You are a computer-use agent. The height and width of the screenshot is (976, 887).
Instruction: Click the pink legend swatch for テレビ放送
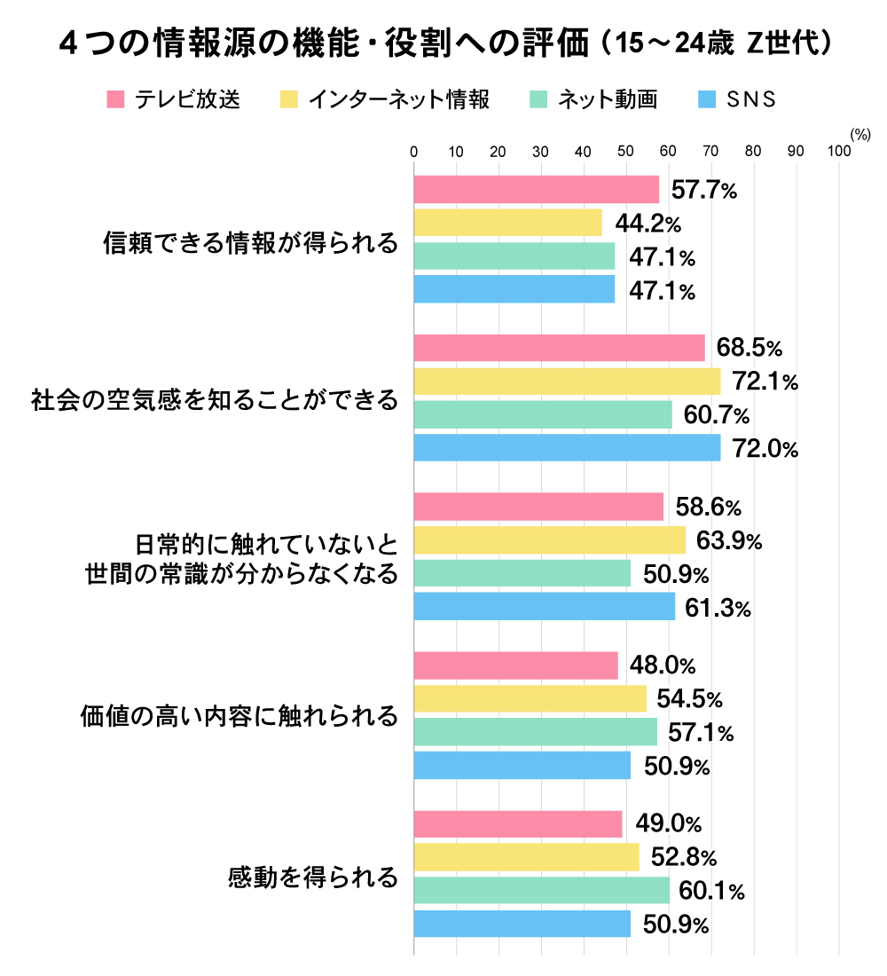point(115,99)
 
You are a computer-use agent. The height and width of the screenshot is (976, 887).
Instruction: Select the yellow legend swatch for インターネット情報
point(288,99)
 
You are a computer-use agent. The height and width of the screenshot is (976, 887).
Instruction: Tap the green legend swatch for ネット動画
point(538,99)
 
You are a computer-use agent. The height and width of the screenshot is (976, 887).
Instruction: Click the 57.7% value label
point(704,190)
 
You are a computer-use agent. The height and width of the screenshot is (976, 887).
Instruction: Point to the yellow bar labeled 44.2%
point(507,223)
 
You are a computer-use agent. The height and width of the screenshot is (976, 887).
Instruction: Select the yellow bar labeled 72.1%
point(567,382)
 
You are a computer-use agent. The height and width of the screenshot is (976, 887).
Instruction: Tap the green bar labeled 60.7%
point(543,415)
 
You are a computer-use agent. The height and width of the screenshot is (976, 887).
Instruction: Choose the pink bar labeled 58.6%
point(538,507)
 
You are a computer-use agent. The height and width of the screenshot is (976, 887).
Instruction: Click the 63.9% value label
point(729,540)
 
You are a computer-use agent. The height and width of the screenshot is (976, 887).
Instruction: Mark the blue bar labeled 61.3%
point(545,608)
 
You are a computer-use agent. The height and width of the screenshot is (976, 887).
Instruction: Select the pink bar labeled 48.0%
point(515,665)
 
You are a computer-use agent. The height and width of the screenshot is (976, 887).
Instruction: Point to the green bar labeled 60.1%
point(542,891)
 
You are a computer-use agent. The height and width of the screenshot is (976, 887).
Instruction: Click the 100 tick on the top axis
point(839,152)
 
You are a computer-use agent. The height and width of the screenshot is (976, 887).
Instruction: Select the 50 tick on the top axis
point(626,152)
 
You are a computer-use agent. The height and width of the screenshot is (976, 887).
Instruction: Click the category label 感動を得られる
point(313,878)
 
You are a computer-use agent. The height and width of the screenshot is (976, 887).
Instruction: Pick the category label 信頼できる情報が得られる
point(251,243)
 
